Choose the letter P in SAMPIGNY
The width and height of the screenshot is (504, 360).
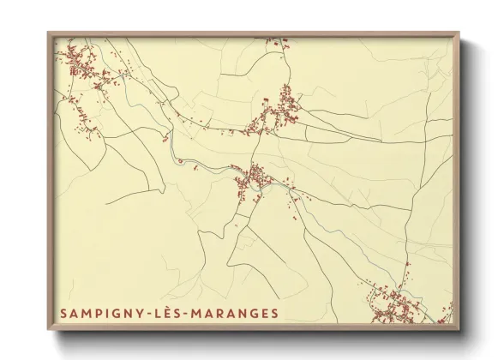98,314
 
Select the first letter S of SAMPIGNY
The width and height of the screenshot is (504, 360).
63,314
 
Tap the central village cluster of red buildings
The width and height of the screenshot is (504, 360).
255,179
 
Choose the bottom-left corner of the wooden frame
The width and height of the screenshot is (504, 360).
49,330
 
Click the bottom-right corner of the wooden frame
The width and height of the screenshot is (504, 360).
459,330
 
